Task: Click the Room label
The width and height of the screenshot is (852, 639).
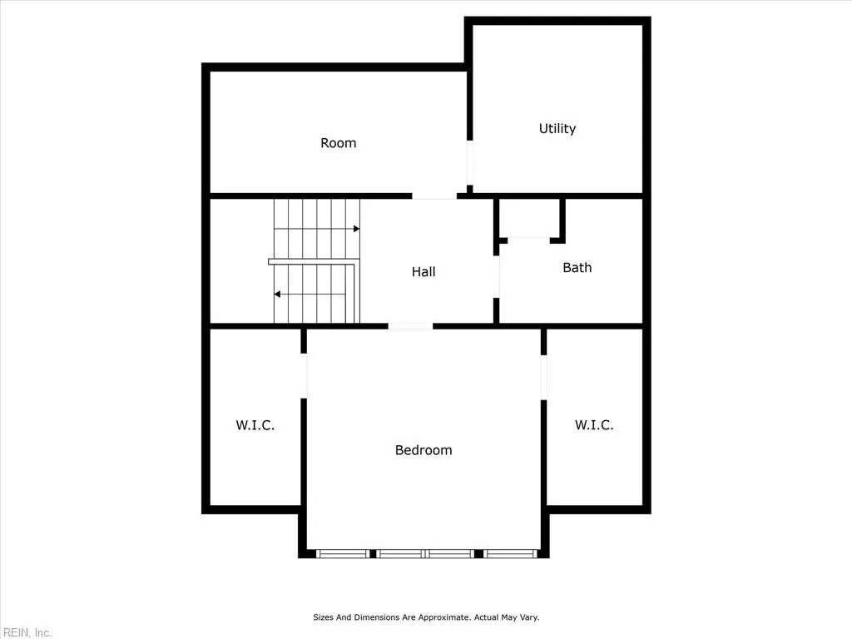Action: pyautogui.click(x=338, y=143)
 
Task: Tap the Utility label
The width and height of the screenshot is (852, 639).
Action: pyautogui.click(x=557, y=128)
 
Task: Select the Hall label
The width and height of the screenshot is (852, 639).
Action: pyautogui.click(x=424, y=271)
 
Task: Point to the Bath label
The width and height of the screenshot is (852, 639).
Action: pyautogui.click(x=577, y=267)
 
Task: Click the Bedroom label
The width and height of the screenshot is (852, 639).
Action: pyautogui.click(x=424, y=450)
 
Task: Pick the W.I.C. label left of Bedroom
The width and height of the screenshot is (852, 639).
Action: pyautogui.click(x=255, y=425)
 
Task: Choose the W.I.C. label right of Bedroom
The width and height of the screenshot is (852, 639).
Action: pyautogui.click(x=594, y=425)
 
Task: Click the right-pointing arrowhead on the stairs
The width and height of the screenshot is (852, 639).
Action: pyautogui.click(x=356, y=228)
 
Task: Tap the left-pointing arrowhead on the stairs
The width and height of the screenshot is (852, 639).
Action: pyautogui.click(x=278, y=294)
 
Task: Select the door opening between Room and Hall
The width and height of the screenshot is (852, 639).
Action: pyautogui.click(x=434, y=196)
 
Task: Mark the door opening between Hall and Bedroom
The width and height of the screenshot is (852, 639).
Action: pyautogui.click(x=410, y=326)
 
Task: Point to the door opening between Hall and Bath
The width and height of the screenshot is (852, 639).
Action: pyautogui.click(x=498, y=277)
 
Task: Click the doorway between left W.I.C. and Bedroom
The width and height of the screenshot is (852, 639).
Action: pyautogui.click(x=305, y=375)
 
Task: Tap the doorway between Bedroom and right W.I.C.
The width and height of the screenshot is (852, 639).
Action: pyautogui.click(x=544, y=378)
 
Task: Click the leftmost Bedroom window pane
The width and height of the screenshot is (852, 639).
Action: pyautogui.click(x=343, y=553)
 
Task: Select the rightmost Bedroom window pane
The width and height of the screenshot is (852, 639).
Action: pyautogui.click(x=511, y=553)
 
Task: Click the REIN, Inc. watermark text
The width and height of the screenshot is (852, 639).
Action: pyautogui.click(x=26, y=632)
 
